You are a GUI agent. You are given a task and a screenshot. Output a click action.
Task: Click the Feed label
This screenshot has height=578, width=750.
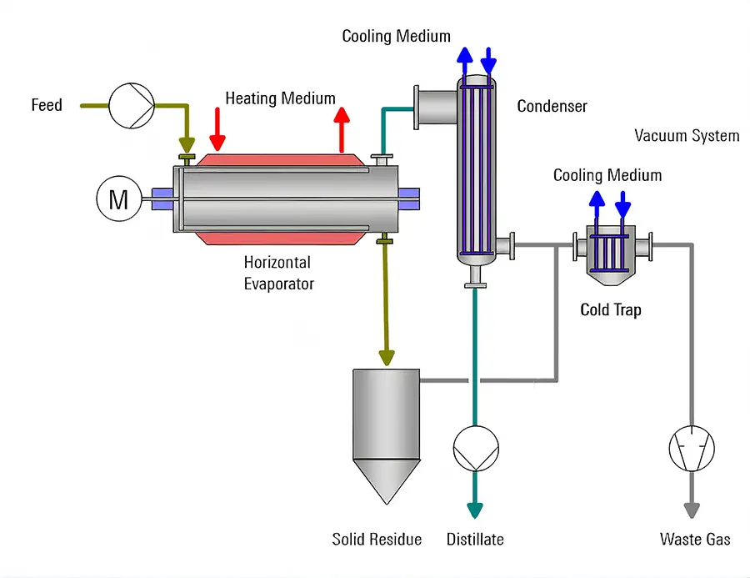click(47, 105)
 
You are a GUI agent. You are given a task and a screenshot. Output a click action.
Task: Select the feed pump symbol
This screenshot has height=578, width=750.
click(132, 106)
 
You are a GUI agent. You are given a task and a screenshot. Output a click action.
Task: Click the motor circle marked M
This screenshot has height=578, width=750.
click(118, 199)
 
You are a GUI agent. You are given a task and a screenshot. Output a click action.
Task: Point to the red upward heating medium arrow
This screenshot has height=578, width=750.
click(341, 128)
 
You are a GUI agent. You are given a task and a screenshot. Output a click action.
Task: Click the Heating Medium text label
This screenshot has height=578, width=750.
click(280, 98)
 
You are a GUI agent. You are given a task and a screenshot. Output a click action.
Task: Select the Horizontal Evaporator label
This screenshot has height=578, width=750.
click(278, 273)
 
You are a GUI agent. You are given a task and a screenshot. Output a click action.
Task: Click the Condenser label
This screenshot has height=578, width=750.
click(552, 106)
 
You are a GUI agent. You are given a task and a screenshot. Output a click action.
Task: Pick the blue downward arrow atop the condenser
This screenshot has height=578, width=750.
click(488, 60)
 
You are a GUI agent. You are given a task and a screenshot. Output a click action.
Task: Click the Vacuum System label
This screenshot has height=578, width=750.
click(687, 135)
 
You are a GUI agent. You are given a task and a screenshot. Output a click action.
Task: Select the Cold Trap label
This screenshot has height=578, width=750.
click(610, 310)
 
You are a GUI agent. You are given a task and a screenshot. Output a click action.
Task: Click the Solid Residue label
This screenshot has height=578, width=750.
click(377, 540)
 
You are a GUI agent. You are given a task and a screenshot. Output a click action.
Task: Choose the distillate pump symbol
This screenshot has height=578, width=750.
click(476, 450)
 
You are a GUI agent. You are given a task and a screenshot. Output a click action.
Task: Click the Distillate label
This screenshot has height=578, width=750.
click(475, 540)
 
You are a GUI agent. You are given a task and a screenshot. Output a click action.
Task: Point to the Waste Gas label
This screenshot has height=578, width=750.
click(695, 540)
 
